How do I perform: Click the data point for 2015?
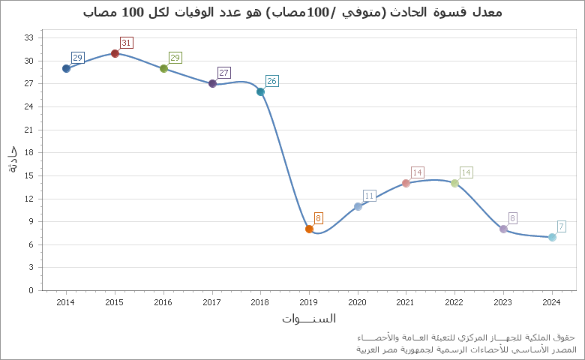tap(115, 53)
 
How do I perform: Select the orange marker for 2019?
tap(309, 229)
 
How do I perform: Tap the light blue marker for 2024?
tap(552, 237)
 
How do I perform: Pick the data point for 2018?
tap(260, 91)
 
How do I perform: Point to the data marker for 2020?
tap(358, 206)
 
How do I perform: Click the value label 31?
tap(126, 43)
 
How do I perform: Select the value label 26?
tap(271, 81)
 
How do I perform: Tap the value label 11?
tap(369, 196)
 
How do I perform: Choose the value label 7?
tap(561, 226)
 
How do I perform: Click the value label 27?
tap(223, 73)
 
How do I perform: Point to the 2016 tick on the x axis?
tap(163, 302)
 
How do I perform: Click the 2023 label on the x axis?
tap(503, 302)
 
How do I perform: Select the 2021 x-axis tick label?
tap(406, 302)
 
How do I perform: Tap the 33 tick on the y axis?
tap(29, 37)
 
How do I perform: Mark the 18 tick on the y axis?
tap(29, 152)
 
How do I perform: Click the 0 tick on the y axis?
tap(31, 290)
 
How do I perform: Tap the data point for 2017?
tap(212, 83)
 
